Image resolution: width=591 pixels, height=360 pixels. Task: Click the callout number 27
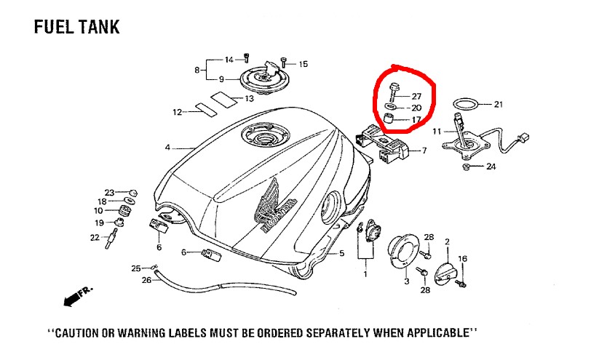(416, 97)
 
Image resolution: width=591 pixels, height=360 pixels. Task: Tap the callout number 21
(499, 104)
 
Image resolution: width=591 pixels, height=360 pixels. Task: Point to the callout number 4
(167, 148)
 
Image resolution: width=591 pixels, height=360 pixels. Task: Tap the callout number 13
(249, 99)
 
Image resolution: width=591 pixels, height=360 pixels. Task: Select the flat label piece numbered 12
(206, 108)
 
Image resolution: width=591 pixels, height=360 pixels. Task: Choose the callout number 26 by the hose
(146, 280)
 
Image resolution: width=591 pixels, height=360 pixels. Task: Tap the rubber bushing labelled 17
(389, 119)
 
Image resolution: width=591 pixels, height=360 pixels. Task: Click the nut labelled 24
(467, 166)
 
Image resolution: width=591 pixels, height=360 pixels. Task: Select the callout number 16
(462, 259)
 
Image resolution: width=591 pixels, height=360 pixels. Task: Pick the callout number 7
(424, 151)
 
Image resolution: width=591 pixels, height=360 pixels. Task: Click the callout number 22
(95, 237)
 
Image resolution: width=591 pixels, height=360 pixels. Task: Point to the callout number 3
(406, 281)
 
